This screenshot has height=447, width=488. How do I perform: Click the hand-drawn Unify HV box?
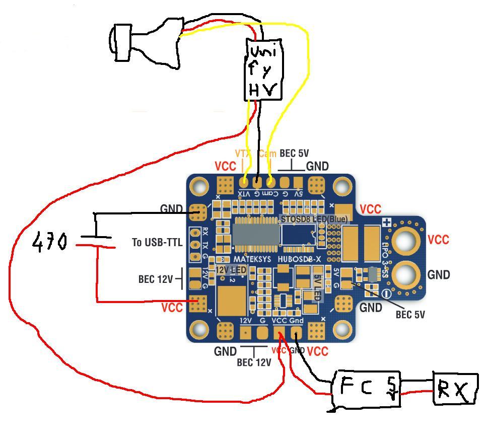tap(263, 69)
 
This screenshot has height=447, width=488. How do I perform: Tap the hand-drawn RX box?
tap(455, 389)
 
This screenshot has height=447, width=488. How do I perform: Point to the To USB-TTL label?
tap(157, 243)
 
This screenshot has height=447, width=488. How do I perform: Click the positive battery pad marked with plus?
tap(406, 241)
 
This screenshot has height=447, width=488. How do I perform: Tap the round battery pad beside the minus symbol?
tap(406, 274)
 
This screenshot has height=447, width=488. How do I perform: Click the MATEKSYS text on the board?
tap(252, 259)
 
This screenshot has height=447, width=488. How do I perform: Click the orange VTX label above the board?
tap(243, 154)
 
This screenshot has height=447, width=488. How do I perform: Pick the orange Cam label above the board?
tap(267, 154)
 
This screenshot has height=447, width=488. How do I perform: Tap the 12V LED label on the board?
tap(231, 270)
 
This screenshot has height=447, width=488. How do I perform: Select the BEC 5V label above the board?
tap(294, 154)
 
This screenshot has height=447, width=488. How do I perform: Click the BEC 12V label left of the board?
tap(156, 279)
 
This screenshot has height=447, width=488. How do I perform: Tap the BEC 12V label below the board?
tap(254, 362)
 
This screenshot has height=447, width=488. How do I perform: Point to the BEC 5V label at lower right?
tap(410, 315)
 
